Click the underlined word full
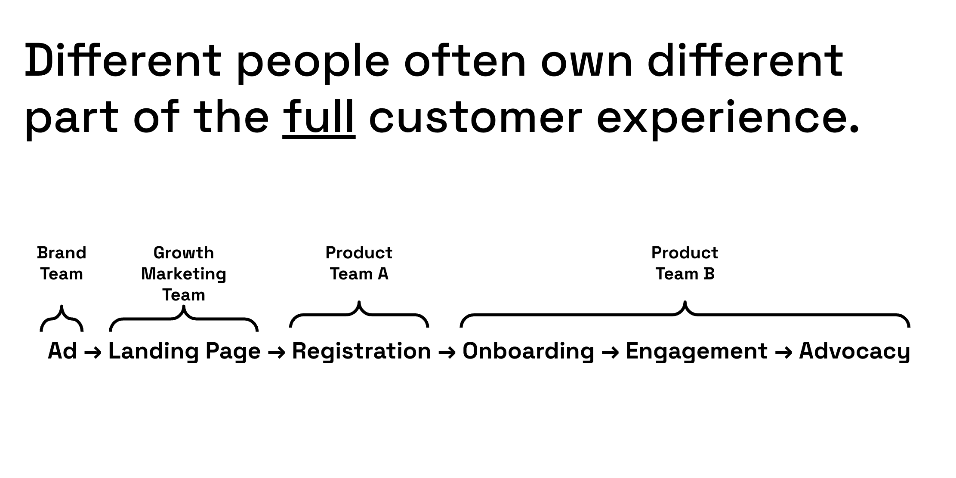(319, 117)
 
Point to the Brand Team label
(62, 263)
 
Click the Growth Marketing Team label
(184, 274)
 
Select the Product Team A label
(359, 263)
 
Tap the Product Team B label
(685, 263)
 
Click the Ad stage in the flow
(62, 351)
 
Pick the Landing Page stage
(184, 352)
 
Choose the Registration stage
(361, 352)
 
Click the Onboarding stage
(528, 352)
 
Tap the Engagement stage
(696, 352)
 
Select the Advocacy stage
(854, 352)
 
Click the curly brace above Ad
(62, 319)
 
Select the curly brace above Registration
(359, 315)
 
